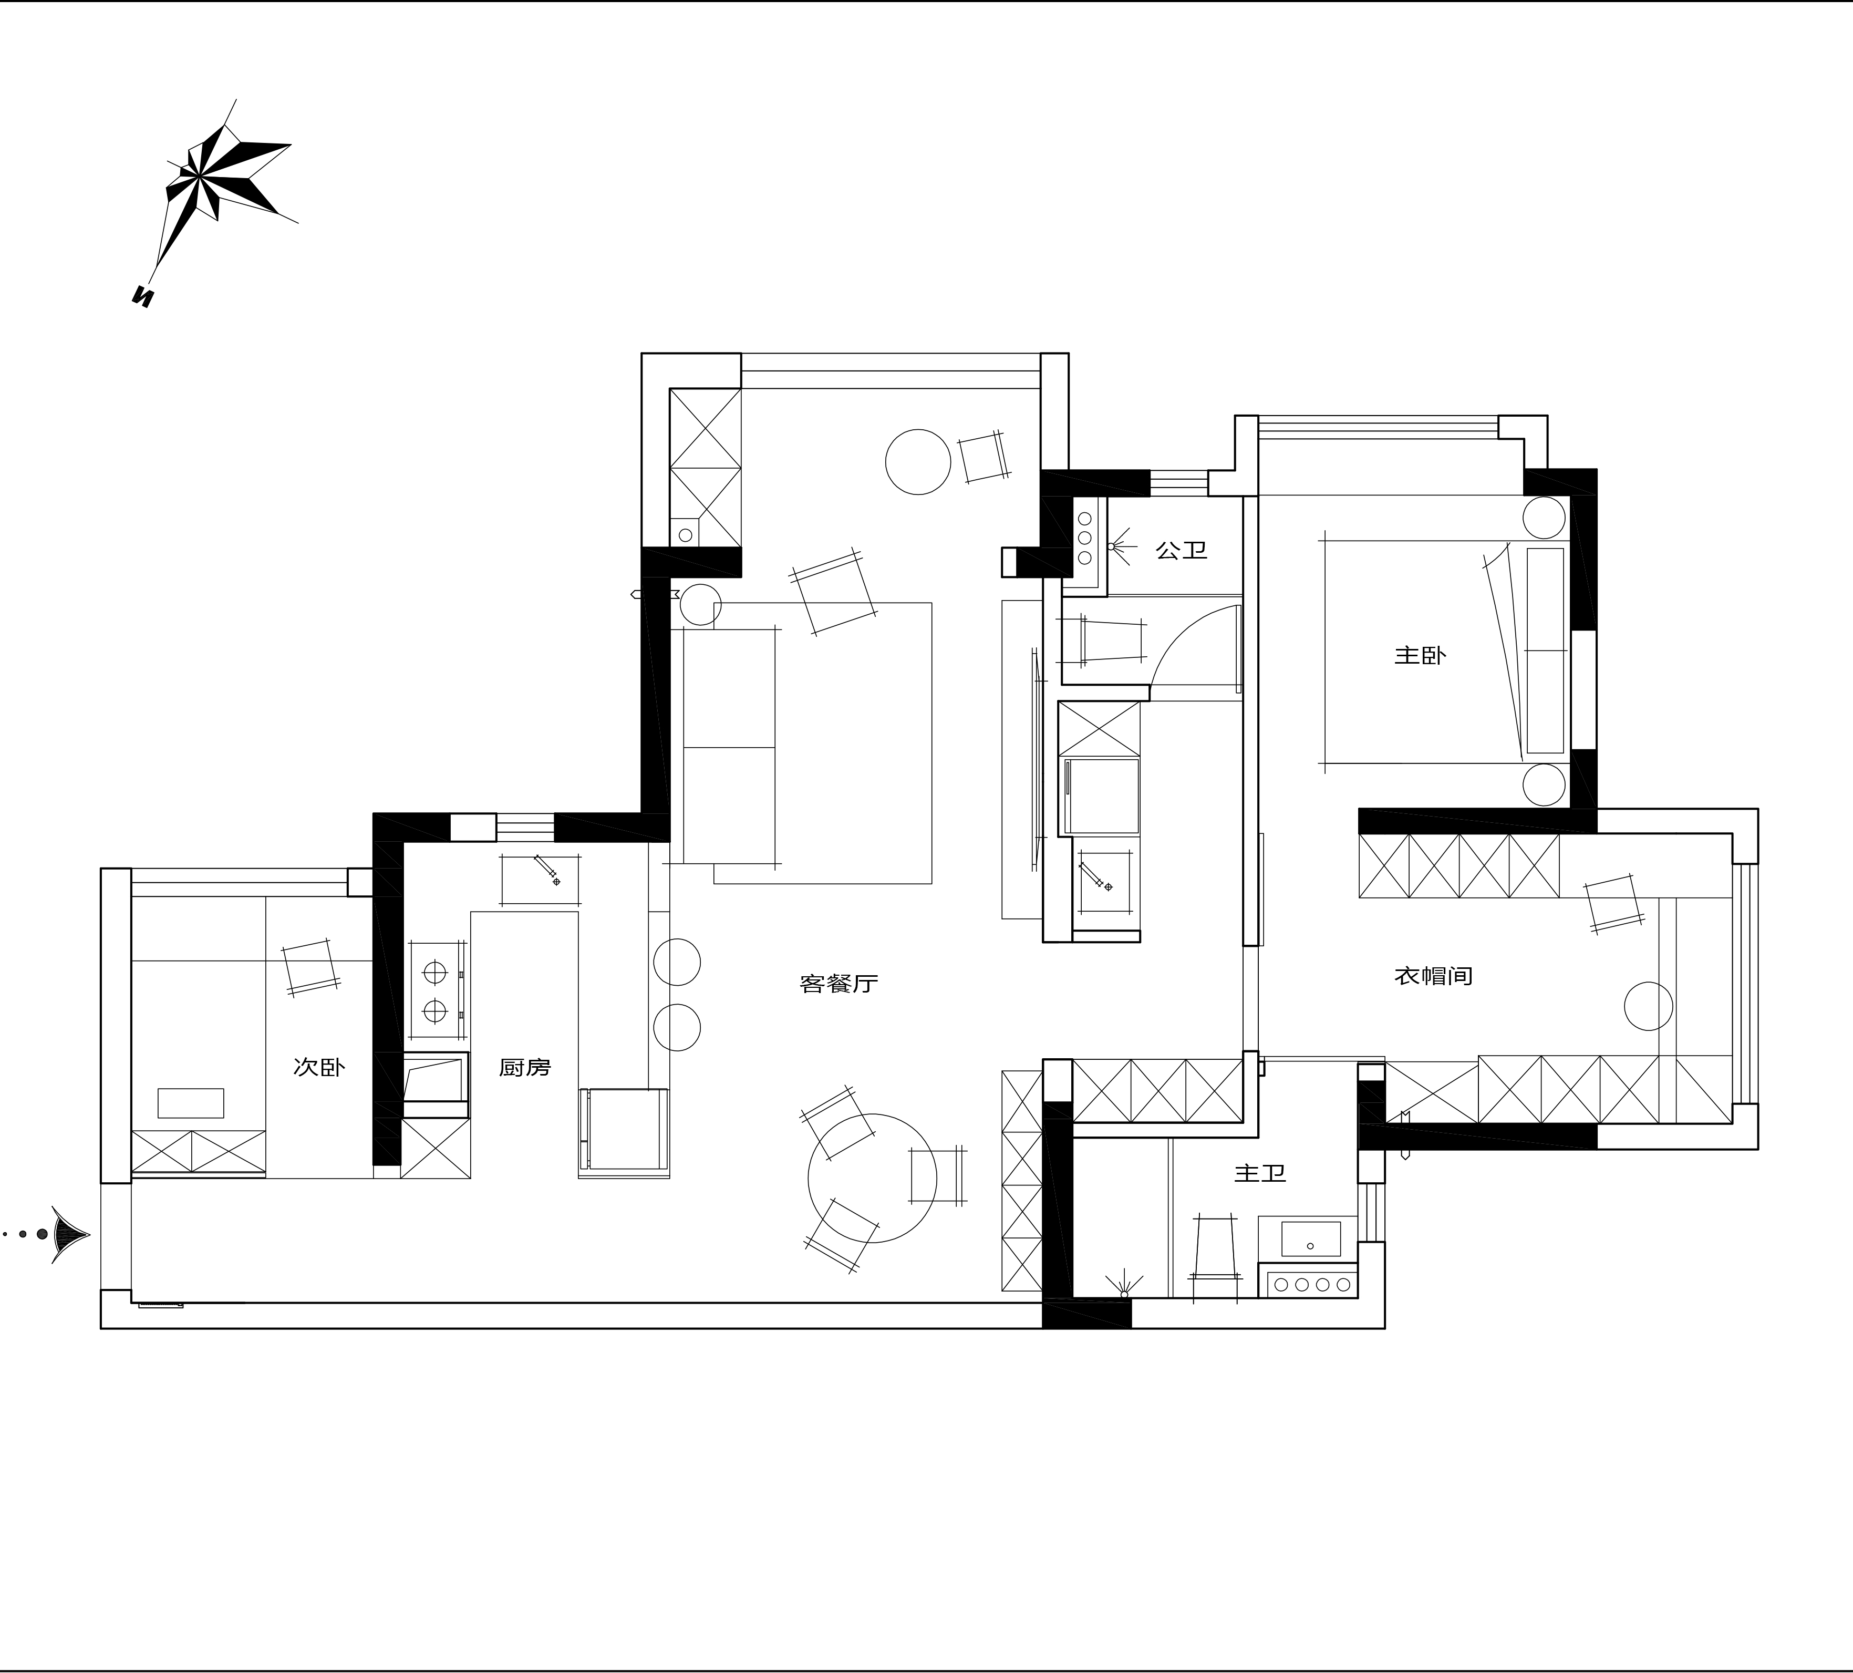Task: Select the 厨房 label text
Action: click(525, 1067)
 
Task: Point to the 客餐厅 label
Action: click(839, 984)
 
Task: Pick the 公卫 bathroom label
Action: click(1181, 551)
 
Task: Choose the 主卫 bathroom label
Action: click(1260, 1174)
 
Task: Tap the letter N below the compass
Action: click(143, 296)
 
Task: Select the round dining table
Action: click(872, 1179)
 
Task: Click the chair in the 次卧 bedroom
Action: click(310, 967)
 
